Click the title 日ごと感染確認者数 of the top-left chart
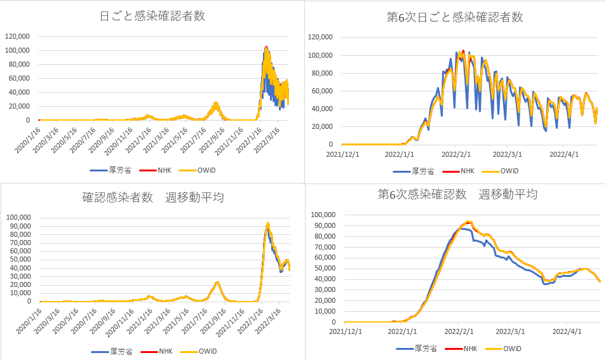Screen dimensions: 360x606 coord(152,17)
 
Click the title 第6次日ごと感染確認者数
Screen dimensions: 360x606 coord(455,17)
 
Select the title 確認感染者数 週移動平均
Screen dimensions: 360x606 coord(152,197)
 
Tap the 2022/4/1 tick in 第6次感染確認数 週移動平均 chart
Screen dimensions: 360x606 coord(566,331)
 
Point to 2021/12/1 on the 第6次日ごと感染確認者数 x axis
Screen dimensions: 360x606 coord(343,154)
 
